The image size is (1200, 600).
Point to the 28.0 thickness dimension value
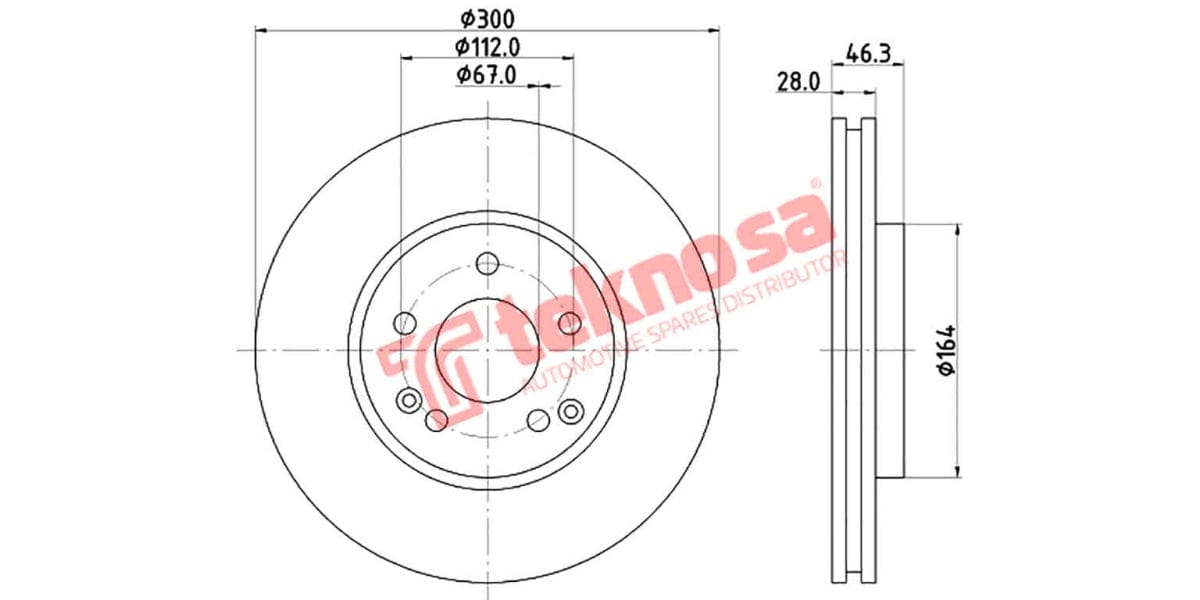[798, 82]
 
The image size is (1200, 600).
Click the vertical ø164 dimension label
[946, 350]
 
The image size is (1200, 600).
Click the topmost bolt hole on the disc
[487, 264]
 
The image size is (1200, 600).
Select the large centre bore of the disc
[487, 350]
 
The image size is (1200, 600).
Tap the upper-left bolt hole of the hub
[405, 323]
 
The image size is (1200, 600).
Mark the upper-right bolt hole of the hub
[569, 323]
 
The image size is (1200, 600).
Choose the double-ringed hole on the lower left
[408, 401]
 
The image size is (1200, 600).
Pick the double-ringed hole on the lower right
[571, 410]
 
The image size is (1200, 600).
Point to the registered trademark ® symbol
[814, 184]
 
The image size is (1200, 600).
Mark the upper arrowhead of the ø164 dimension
[958, 231]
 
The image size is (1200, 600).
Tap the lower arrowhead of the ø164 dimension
[958, 469]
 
